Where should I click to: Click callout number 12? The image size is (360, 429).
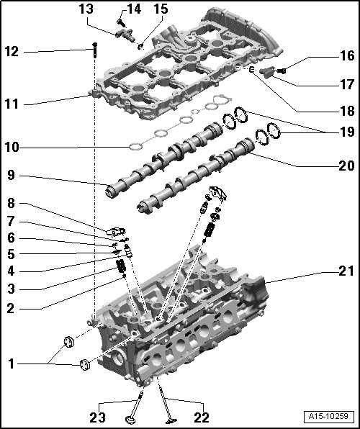pos(12,51)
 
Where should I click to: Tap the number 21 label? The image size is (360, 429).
pos(346,271)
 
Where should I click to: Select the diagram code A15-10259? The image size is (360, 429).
pos(328,416)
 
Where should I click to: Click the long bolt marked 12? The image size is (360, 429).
pos(95,50)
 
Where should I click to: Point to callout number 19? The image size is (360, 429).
pos(347,132)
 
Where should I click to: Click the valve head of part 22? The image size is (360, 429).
pos(171,420)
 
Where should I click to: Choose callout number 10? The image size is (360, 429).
pos(12,148)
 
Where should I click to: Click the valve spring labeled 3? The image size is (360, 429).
pos(121,266)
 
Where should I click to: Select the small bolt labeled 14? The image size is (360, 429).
pos(120,22)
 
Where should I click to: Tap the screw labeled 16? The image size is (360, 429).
pos(281,71)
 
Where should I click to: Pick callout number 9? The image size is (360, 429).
pos(12,175)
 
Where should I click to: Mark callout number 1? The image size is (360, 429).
pos(11,364)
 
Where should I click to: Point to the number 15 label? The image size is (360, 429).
pos(161,9)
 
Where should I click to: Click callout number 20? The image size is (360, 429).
pos(346,166)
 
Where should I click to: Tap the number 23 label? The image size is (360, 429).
pos(97,417)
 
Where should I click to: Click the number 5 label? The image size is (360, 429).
pos(11,254)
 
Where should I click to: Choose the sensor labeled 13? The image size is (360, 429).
pos(125,35)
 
